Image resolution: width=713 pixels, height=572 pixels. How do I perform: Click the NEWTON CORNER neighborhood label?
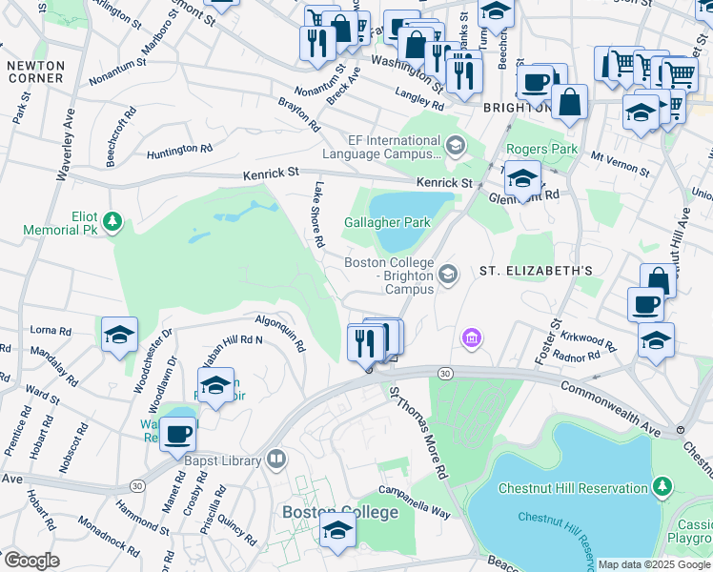[35, 73]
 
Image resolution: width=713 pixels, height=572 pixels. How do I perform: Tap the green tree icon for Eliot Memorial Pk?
[113, 222]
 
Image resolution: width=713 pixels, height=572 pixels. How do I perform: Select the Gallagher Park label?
[387, 222]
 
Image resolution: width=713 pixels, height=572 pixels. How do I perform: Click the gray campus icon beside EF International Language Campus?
[456, 146]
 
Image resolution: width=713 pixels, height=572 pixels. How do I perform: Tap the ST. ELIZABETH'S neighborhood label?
[536, 271]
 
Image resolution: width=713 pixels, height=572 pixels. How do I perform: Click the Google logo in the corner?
[31, 561]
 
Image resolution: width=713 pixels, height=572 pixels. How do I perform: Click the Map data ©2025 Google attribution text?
[654, 564]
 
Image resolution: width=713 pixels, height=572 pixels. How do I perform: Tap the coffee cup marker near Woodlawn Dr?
[178, 436]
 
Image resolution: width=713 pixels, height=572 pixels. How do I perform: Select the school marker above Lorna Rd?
[120, 336]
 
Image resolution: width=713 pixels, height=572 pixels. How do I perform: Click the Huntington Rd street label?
[179, 152]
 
